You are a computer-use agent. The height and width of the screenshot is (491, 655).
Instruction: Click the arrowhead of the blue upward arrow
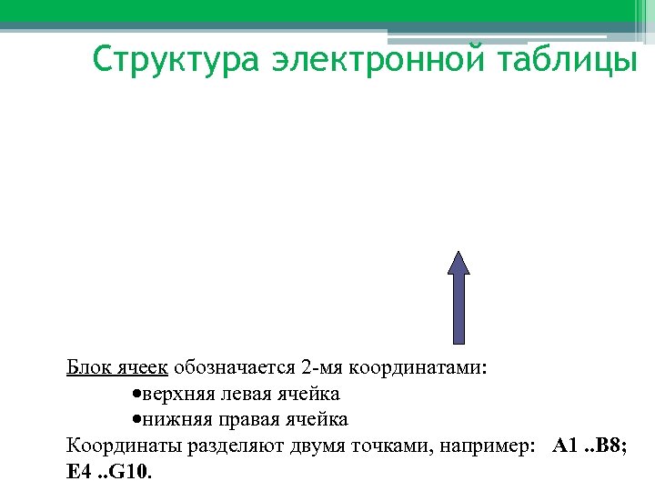click(x=459, y=263)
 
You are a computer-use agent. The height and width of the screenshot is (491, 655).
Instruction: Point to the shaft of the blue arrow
click(x=459, y=309)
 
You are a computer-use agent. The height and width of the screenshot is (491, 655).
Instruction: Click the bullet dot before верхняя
click(x=135, y=395)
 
